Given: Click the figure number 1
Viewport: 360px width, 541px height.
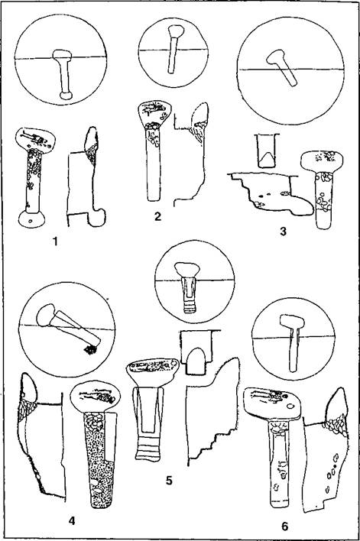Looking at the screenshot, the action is pos(55,241).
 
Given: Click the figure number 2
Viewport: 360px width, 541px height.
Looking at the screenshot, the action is pos(157,216).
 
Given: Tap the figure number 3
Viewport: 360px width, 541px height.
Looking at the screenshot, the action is pos(283,232).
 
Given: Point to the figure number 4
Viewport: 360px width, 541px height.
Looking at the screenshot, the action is pos(72,520).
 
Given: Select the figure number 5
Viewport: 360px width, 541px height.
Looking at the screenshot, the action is pos(169,480).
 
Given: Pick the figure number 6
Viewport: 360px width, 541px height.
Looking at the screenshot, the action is pos(285,526).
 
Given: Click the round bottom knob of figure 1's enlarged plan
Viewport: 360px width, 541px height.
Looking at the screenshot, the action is pos(31,219).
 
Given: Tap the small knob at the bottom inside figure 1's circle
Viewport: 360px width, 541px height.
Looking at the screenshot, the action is pos(66,96).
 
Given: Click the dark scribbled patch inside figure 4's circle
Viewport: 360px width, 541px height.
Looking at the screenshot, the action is pos(90,350).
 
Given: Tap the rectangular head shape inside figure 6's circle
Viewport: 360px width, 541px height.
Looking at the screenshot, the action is pos(292,321).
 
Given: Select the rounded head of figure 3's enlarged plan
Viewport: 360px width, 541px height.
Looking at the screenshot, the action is pos(322,160).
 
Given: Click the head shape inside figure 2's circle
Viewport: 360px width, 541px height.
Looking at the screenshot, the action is pos(176,31).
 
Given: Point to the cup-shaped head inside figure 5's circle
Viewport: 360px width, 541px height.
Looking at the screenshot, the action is pos(187,270).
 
